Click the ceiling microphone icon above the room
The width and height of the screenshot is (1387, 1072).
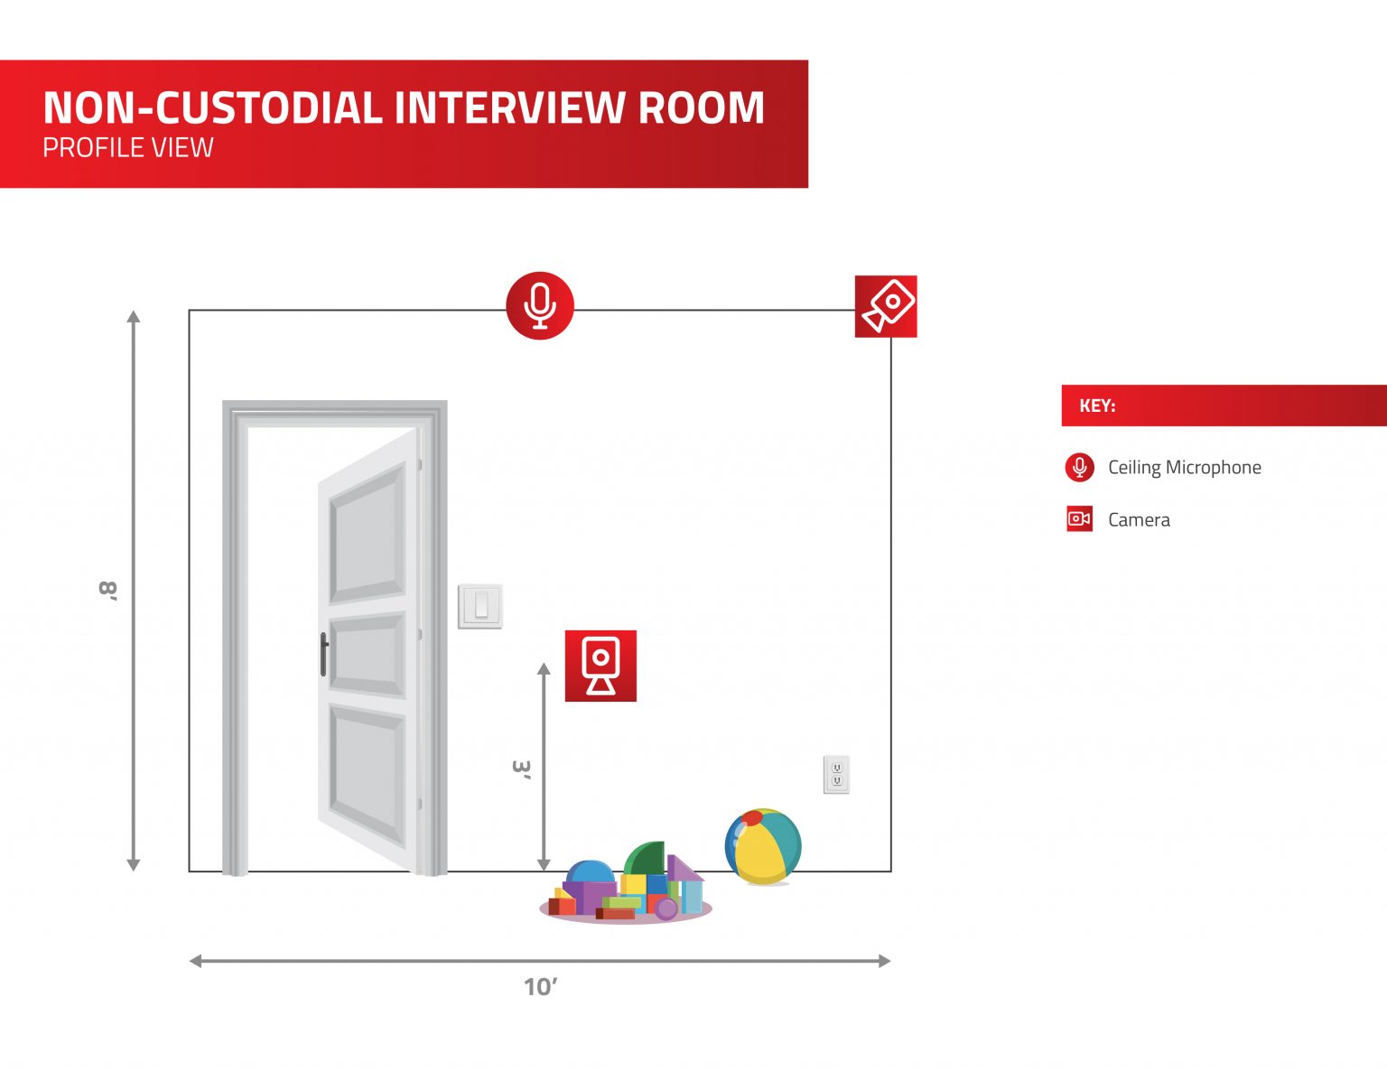[540, 305]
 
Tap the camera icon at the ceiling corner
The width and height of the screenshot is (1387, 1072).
[886, 306]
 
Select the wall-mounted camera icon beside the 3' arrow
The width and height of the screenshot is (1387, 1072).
[600, 666]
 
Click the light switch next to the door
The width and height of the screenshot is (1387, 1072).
[480, 606]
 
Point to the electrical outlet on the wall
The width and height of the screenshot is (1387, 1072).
[836, 774]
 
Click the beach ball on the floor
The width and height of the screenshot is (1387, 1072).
[763, 846]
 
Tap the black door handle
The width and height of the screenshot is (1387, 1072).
[323, 655]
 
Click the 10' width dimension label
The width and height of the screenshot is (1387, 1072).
[540, 986]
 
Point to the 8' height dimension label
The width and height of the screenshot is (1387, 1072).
[108, 591]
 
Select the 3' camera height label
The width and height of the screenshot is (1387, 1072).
[521, 769]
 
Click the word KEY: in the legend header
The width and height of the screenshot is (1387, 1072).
[1097, 405]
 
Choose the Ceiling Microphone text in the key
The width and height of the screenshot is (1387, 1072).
[1184, 467]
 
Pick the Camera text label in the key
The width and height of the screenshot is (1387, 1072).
[1139, 519]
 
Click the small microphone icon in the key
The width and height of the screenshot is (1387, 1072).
[1079, 467]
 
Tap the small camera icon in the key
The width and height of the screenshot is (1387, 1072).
[1079, 518]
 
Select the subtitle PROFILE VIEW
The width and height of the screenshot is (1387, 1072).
[128, 147]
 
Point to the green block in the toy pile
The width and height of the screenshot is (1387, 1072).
[646, 858]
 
